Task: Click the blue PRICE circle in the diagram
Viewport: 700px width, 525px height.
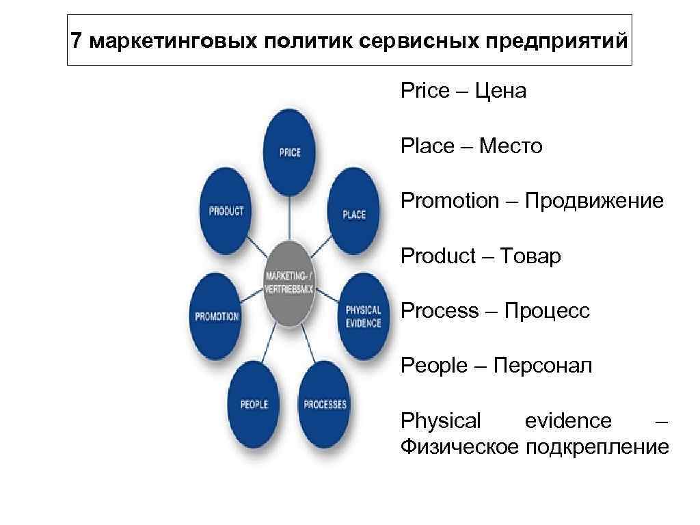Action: click(290, 152)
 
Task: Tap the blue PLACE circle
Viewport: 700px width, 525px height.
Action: click(353, 213)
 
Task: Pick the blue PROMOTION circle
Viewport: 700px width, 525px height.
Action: click(217, 317)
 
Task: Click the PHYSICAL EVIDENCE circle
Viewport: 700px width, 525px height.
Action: click(363, 316)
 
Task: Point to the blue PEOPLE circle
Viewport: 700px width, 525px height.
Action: click(254, 404)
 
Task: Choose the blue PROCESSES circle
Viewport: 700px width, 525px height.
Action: click(325, 404)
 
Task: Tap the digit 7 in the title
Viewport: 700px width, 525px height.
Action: click(77, 40)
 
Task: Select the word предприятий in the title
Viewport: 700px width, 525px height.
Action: click(556, 41)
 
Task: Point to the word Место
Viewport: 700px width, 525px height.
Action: click(511, 146)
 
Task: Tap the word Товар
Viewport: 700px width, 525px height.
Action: click(530, 256)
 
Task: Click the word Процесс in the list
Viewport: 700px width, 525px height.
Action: click(547, 311)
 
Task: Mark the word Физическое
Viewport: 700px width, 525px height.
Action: click(459, 447)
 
